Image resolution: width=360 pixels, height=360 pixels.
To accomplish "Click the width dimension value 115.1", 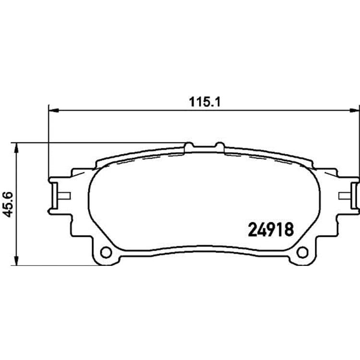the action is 204,102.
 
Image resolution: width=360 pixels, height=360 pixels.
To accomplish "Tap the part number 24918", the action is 271,229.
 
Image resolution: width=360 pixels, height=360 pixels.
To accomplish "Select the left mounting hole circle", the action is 106,252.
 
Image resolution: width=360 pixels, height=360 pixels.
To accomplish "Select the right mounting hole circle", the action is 302,252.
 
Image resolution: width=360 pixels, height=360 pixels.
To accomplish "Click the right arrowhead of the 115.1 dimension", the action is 354,111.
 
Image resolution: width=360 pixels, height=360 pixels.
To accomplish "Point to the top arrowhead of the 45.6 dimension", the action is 16,148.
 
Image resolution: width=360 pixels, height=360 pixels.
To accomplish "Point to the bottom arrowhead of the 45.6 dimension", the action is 16,260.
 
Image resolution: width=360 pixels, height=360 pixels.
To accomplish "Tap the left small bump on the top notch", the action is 189,144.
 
